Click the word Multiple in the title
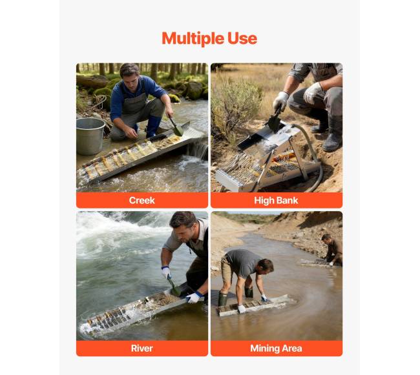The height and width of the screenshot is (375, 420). point(193,39)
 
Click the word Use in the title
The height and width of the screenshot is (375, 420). point(242,38)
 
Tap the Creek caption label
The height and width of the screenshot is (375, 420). point(142,200)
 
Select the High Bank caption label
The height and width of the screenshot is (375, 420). point(276,200)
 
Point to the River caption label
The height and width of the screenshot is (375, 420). point(142,349)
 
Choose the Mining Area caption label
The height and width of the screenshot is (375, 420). point(276,349)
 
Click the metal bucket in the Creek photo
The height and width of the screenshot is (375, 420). point(90,136)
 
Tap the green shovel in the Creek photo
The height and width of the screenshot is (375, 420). point(176,126)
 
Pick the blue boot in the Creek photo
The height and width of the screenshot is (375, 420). point(153,127)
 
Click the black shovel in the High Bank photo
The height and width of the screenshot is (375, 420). point(274,119)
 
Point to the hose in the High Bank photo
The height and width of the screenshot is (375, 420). point(311,158)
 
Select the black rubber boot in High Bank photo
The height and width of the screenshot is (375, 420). point(333,134)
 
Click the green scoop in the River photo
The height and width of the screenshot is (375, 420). point(174,287)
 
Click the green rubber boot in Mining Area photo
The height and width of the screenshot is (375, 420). point(223,299)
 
